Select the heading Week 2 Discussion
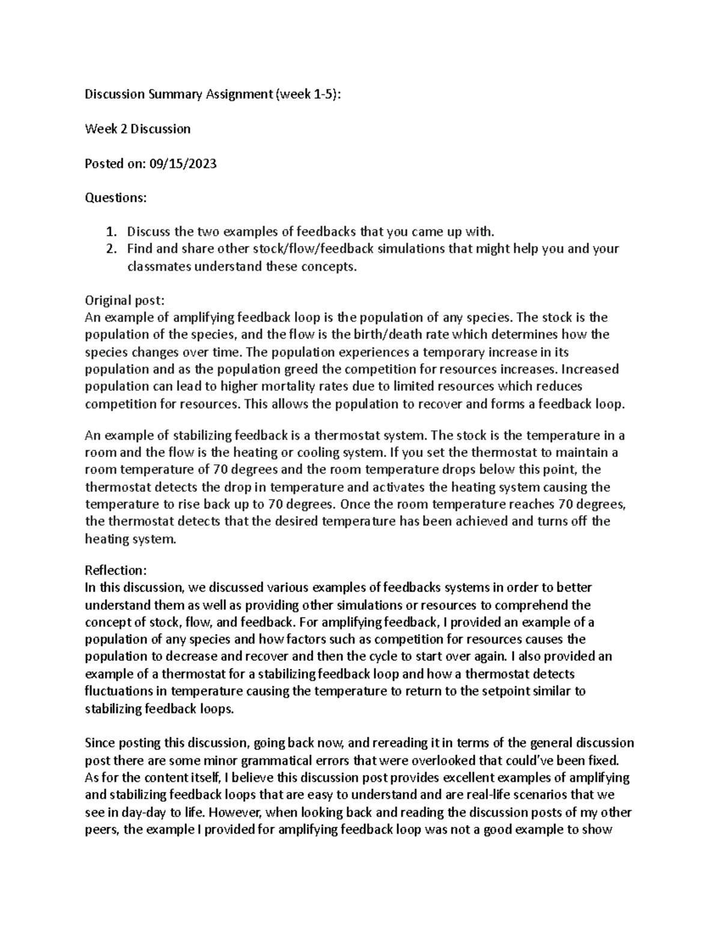pyautogui.click(x=138, y=129)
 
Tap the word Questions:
pyautogui.click(x=115, y=197)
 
